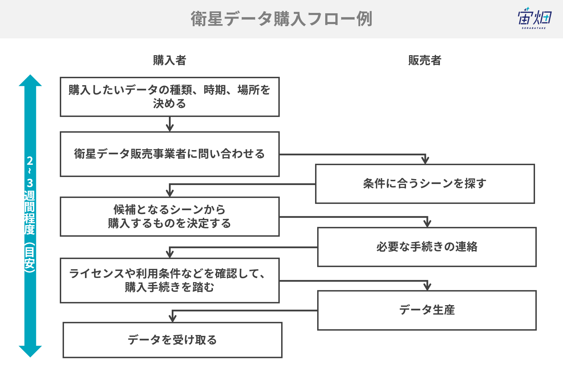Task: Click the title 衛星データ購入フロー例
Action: coord(281,19)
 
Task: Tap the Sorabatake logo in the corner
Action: coord(534,18)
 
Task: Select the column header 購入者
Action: coord(170,60)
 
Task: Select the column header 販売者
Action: coord(425,60)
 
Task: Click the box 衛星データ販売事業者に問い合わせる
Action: coord(170,154)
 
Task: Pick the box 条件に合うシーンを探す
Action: coord(425,184)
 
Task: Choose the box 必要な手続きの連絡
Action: coord(427,247)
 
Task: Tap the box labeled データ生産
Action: coord(427,310)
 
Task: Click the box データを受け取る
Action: coord(172,340)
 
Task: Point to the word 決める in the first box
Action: coord(169,104)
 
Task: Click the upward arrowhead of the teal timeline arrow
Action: coord(30,80)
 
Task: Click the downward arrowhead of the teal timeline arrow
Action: coord(30,351)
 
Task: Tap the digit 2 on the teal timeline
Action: coord(30,161)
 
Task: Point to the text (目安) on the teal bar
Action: coord(30,257)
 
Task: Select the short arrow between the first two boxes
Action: coord(170,124)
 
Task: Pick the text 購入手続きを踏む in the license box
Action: coord(170,287)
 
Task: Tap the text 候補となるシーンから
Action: coord(170,209)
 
